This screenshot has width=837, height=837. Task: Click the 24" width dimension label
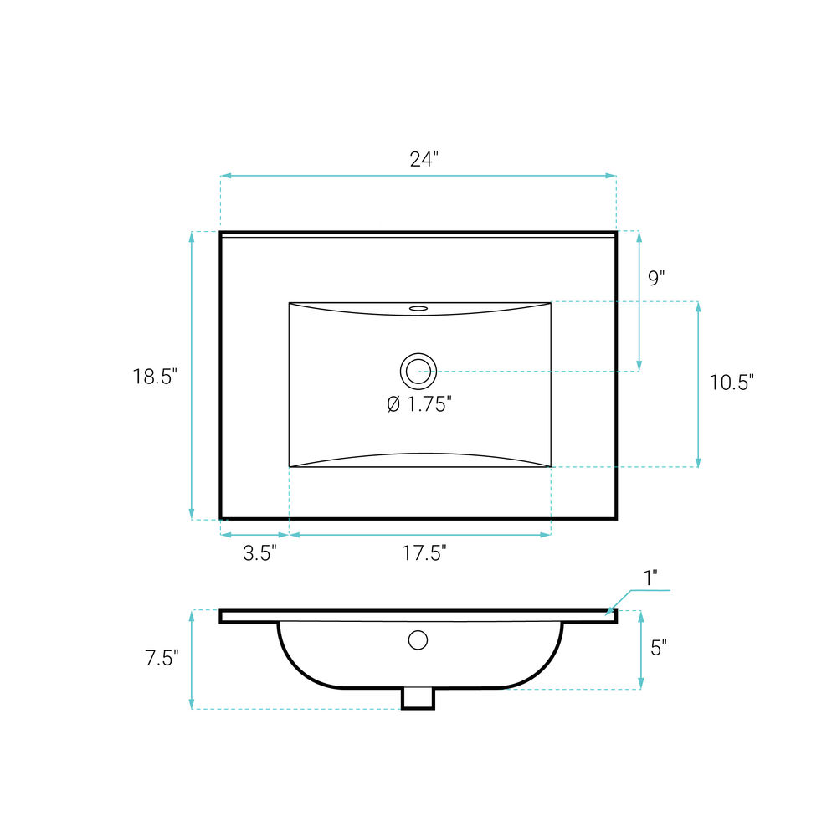tap(424, 159)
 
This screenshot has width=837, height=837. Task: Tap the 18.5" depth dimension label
tap(155, 377)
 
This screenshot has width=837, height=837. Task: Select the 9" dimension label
tap(656, 278)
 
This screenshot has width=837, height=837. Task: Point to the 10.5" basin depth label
tap(732, 383)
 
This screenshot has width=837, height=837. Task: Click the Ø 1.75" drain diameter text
tap(419, 404)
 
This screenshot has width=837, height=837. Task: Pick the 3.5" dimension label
tap(260, 553)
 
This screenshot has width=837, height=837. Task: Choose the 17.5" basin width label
tap(424, 553)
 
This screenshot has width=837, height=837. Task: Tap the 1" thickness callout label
tap(650, 578)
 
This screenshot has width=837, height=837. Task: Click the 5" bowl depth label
tap(659, 648)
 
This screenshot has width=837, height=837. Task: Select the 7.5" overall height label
tap(162, 658)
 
